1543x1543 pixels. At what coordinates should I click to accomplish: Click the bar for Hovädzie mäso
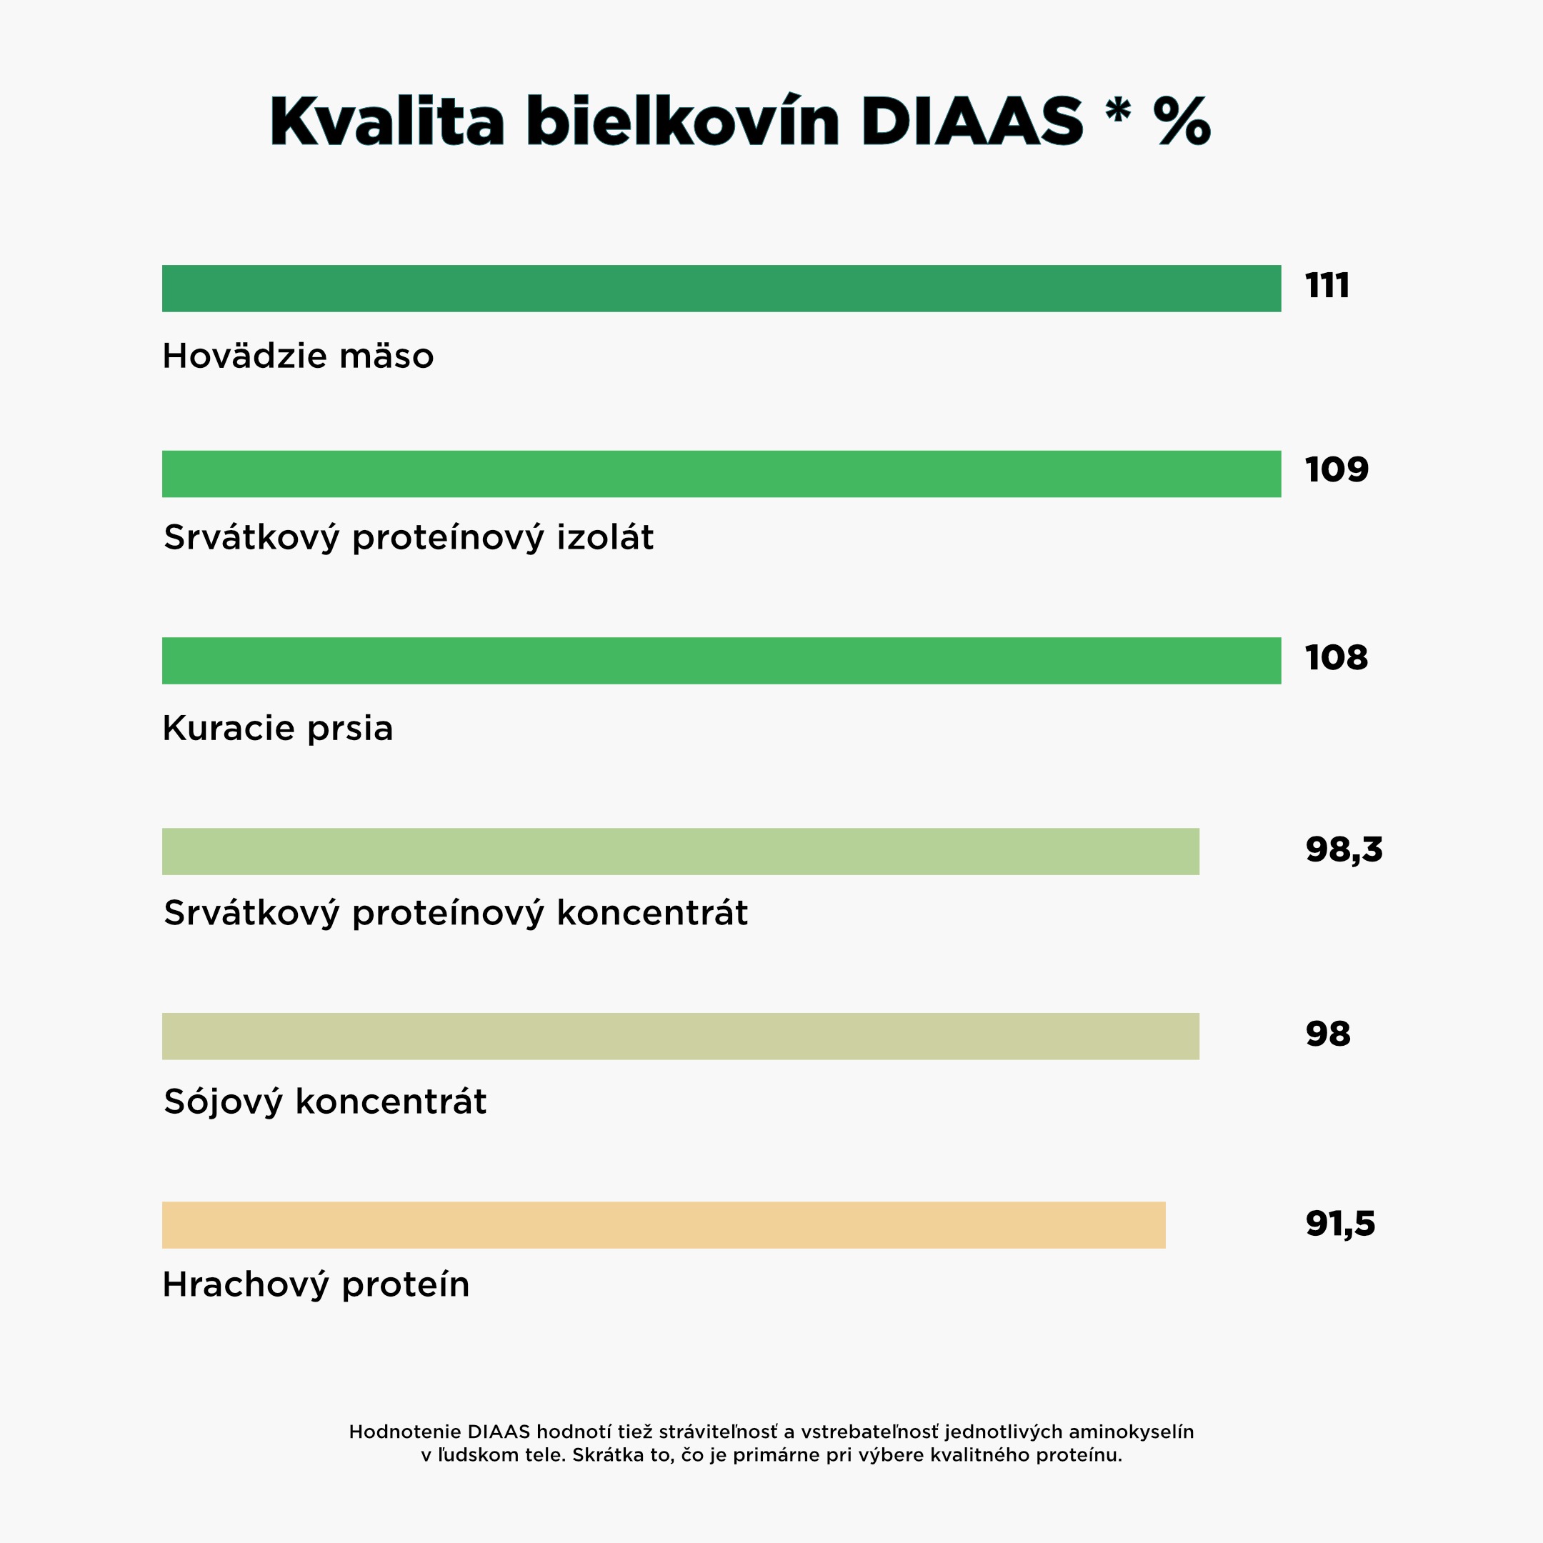(721, 289)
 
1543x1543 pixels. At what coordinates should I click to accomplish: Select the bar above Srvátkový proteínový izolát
(721, 474)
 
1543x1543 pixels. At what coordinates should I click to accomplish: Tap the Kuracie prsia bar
(721, 661)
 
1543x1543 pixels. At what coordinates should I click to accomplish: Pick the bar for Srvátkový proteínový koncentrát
(681, 852)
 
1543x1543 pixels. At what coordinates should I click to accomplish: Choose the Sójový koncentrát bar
(681, 1037)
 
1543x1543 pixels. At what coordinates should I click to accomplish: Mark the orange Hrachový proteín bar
(664, 1225)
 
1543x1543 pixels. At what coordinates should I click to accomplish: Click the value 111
(1327, 286)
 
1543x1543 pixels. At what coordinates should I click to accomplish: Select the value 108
(1336, 657)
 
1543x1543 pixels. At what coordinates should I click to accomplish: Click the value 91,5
(1340, 1223)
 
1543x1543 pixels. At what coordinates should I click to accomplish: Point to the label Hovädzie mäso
(298, 356)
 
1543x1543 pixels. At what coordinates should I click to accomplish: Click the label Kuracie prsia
(278, 729)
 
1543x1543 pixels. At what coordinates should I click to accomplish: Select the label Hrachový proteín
(316, 1285)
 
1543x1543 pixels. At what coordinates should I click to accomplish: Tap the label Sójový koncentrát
(325, 1102)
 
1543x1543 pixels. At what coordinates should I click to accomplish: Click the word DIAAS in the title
(972, 121)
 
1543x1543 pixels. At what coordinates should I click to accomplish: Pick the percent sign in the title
(1182, 121)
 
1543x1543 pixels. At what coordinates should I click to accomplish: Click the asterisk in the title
(1118, 112)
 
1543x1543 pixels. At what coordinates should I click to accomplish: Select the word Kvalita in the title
(387, 121)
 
